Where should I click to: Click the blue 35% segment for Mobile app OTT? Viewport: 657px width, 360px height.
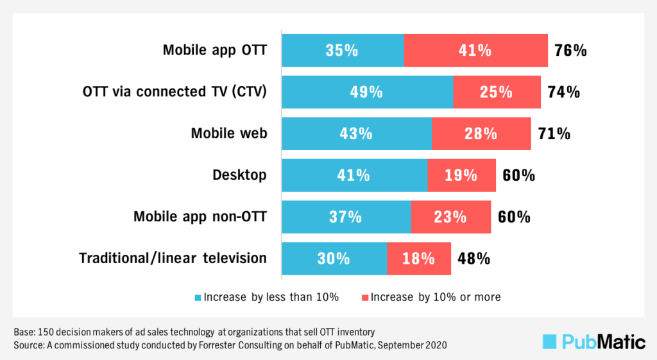(343, 50)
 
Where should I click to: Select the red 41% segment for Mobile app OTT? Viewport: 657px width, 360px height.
(475, 50)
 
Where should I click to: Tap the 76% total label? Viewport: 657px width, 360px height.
(570, 50)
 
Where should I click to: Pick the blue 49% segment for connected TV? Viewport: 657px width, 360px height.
(367, 92)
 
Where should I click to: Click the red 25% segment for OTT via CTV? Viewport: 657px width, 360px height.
(497, 92)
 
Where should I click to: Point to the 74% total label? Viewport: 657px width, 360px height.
(563, 92)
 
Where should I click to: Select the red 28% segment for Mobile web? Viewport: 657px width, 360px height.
(481, 133)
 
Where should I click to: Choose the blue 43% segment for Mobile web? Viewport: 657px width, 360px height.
(357, 133)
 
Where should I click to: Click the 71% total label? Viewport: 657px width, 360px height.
(554, 133)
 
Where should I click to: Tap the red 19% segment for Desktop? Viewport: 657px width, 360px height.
(461, 175)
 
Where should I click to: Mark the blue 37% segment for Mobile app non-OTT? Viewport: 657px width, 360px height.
(346, 217)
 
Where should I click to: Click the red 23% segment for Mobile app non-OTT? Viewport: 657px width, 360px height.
(450, 217)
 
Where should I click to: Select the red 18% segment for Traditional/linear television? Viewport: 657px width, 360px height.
(418, 259)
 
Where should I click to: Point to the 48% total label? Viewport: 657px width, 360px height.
(474, 259)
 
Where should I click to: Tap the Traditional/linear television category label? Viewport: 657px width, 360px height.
(173, 259)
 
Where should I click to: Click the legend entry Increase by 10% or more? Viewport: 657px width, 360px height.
(431, 297)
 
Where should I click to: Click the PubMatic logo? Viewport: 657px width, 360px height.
(593, 341)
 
